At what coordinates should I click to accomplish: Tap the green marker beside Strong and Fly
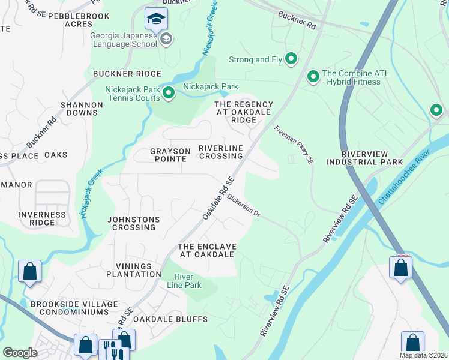pos(291,59)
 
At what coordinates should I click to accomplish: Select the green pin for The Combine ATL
pos(313,77)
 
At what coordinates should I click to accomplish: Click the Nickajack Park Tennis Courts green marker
pos(169,93)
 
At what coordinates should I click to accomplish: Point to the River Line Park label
pos(188,281)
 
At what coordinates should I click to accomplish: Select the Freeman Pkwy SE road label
pos(294,145)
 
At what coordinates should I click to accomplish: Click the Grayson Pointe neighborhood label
pos(170,155)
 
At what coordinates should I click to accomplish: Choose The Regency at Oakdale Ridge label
pos(244,112)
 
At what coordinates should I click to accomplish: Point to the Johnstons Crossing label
pos(133,224)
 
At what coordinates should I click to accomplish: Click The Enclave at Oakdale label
pos(207,250)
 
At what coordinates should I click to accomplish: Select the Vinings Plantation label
pos(134,269)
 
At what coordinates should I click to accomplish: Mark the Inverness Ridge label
pos(42,218)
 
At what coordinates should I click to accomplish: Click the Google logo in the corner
pos(20,352)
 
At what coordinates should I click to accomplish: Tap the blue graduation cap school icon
pos(156,20)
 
